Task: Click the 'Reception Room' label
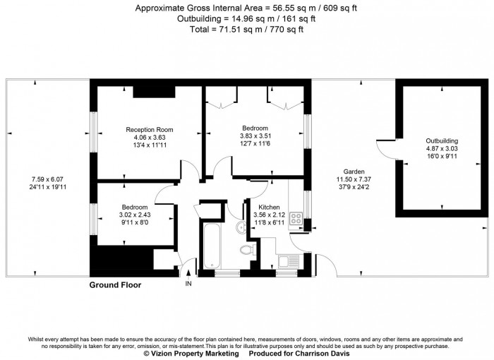click(150, 130)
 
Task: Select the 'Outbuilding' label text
click(441, 140)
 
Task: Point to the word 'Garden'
click(354, 172)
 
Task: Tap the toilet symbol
click(247, 251)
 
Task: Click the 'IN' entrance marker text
click(188, 284)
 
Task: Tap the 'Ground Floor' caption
click(115, 285)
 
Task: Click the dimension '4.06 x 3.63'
click(150, 138)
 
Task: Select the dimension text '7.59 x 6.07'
click(47, 179)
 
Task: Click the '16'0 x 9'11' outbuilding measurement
click(441, 156)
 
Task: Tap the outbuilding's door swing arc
click(387, 148)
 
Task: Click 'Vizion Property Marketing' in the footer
click(191, 354)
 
